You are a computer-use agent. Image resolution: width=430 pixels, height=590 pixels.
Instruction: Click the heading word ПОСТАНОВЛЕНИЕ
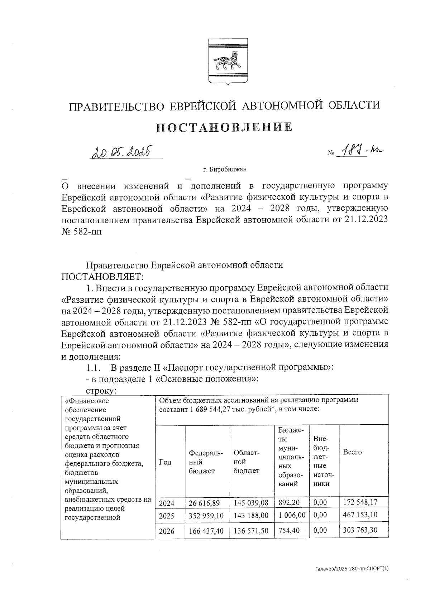click(x=224, y=127)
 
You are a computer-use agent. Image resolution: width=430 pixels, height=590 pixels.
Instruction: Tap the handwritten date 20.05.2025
click(x=121, y=152)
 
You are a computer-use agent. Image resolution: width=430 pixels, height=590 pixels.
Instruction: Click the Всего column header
click(x=352, y=452)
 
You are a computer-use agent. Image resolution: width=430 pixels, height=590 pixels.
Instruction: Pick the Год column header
click(x=165, y=462)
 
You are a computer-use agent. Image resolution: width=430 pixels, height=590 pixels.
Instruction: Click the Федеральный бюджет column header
click(x=206, y=462)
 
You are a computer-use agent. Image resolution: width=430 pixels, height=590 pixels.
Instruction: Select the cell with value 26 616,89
click(x=204, y=503)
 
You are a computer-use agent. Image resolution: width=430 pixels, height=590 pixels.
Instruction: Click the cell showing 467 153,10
click(x=360, y=515)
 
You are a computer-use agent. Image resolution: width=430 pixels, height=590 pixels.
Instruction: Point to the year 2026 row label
click(x=167, y=531)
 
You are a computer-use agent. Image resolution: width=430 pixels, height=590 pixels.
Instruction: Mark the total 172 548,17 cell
click(x=360, y=502)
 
